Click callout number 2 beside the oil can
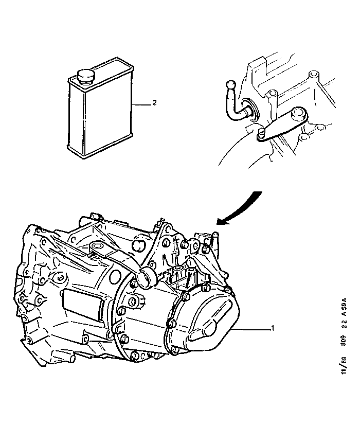click(153, 103)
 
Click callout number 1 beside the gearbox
click(273, 328)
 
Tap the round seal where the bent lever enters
click(250, 109)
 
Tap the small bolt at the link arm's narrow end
click(262, 134)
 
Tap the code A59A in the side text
click(344, 310)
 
